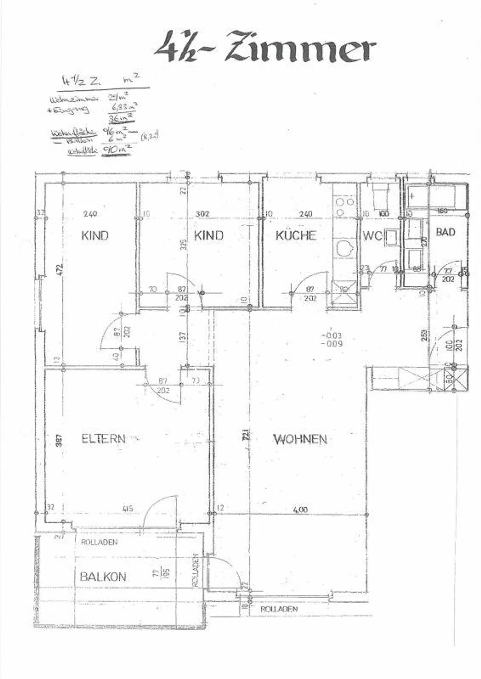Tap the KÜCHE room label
click(295, 236)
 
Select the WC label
click(372, 236)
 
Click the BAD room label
click(446, 232)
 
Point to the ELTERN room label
click(104, 438)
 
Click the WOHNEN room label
click(300, 439)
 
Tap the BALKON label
click(103, 577)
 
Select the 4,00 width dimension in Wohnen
click(300, 510)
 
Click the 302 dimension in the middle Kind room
click(202, 214)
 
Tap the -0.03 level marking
click(331, 336)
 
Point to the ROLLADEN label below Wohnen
click(279, 609)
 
